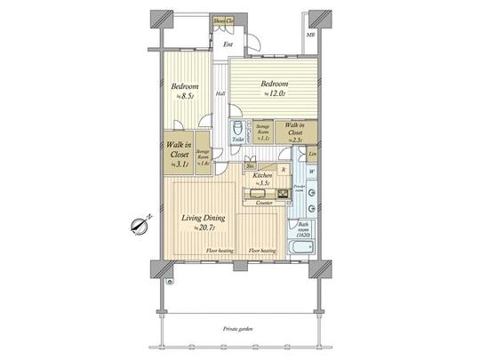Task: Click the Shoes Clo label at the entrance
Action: point(223,19)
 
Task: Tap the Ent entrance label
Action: point(228,44)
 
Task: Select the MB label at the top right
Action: point(310,35)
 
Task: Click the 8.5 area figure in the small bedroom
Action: point(186,96)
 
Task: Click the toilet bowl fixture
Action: point(237,126)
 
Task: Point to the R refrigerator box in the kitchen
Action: point(283,168)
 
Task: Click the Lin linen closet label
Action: point(311,153)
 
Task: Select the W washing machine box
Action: point(311,171)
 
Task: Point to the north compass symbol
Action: point(138,225)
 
